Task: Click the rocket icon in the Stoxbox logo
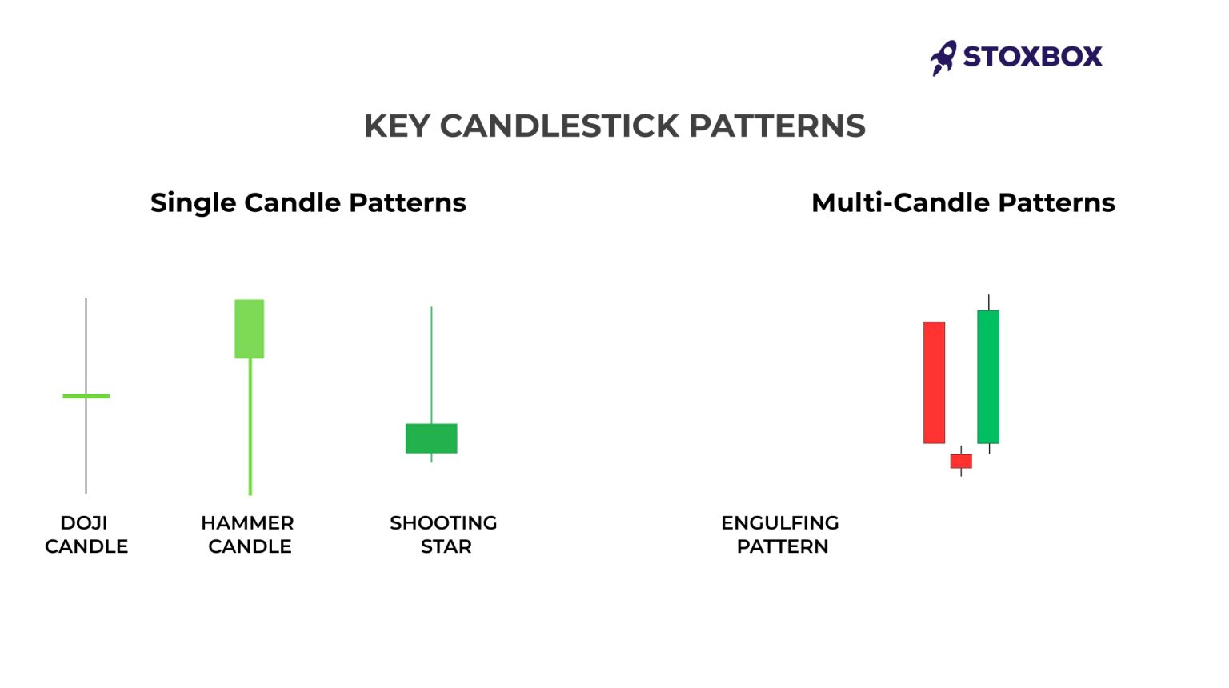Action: click(943, 58)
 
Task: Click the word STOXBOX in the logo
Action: click(1032, 57)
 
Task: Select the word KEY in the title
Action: click(396, 126)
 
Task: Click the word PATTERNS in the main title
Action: click(776, 126)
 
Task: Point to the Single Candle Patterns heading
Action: click(308, 202)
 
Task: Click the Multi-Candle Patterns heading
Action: click(963, 202)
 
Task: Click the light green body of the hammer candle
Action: click(249, 329)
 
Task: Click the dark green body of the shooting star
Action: click(431, 438)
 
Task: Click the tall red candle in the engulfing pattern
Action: click(934, 382)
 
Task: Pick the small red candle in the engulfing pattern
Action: click(960, 461)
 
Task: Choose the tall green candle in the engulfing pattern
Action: click(988, 377)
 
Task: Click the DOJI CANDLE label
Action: click(86, 534)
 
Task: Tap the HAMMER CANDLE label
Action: click(248, 534)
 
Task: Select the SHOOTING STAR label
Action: click(444, 534)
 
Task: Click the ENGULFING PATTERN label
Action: click(780, 534)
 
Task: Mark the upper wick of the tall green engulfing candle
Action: click(988, 302)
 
